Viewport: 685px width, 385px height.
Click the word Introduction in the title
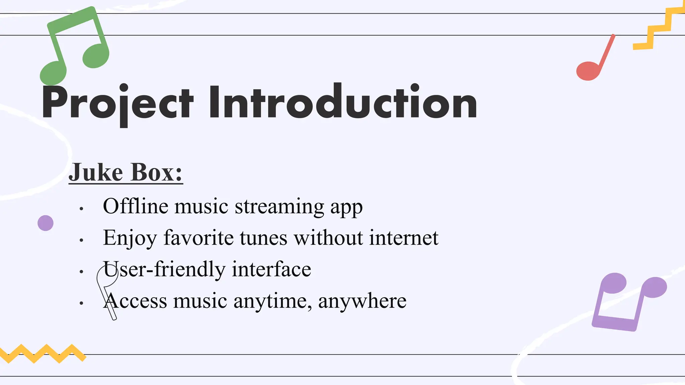pos(343,102)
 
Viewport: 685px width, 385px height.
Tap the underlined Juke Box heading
pos(125,172)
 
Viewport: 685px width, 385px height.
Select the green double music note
pos(74,45)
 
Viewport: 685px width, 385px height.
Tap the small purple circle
pos(45,223)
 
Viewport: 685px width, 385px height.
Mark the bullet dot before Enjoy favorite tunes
pos(81,240)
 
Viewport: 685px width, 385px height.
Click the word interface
pos(271,269)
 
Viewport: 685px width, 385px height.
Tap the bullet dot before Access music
pos(81,303)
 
